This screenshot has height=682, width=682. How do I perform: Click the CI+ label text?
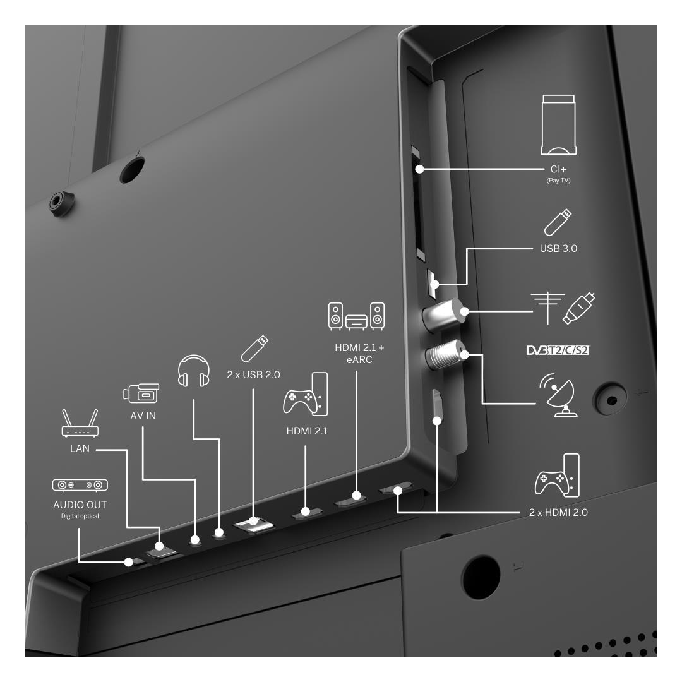(558, 169)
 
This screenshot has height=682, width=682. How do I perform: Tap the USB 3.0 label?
(558, 248)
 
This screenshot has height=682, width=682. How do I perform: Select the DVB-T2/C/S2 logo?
(558, 350)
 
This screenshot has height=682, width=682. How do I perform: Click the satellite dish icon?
(558, 395)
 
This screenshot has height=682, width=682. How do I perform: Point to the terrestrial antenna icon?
(547, 308)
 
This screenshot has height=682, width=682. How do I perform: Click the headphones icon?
(194, 371)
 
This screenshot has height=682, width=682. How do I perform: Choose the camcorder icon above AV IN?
(141, 393)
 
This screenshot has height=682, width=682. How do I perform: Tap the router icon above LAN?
(80, 422)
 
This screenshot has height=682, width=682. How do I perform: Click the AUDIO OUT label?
(80, 505)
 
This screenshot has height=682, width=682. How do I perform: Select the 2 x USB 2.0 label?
(254, 374)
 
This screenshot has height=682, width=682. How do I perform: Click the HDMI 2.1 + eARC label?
(359, 354)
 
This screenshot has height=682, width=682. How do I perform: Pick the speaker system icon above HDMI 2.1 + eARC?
(356, 316)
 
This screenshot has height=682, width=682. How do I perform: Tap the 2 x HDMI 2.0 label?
(558, 512)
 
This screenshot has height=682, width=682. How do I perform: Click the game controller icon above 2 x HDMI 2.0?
(557, 476)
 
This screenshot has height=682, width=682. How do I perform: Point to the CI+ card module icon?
(558, 125)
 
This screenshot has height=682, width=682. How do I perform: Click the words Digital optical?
(80, 517)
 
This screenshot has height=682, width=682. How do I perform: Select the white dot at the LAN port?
(159, 546)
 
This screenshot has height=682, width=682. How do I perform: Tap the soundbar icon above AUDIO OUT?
(80, 485)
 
